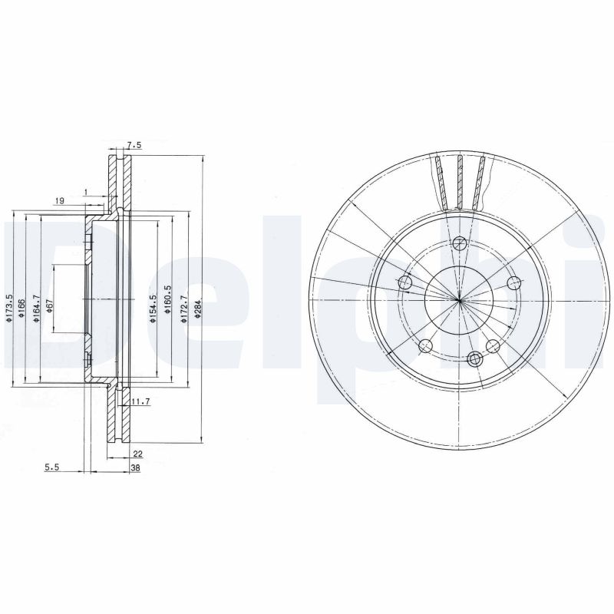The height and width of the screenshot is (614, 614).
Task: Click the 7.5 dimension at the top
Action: click(x=134, y=145)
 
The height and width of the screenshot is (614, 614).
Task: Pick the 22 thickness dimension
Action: click(x=138, y=454)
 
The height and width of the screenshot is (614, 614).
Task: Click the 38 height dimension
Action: click(x=135, y=467)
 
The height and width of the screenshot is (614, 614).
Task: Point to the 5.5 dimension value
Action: click(x=52, y=467)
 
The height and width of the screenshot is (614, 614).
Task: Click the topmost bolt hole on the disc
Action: click(x=459, y=244)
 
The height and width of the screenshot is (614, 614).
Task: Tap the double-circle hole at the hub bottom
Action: click(x=475, y=357)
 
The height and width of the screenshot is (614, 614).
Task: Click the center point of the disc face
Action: click(x=458, y=299)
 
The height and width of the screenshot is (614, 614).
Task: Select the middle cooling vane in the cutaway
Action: click(x=459, y=181)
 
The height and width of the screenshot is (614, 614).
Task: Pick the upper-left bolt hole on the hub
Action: click(x=406, y=283)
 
